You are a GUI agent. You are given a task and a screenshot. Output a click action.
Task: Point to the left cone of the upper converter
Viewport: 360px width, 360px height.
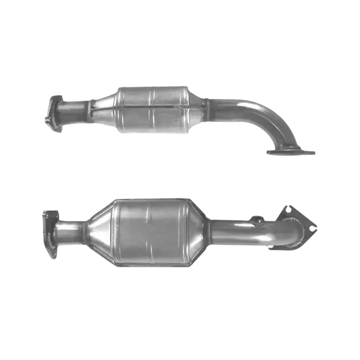click(104, 108)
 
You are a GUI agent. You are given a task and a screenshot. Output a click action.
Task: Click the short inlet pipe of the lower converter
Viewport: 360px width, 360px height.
click(70, 231)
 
